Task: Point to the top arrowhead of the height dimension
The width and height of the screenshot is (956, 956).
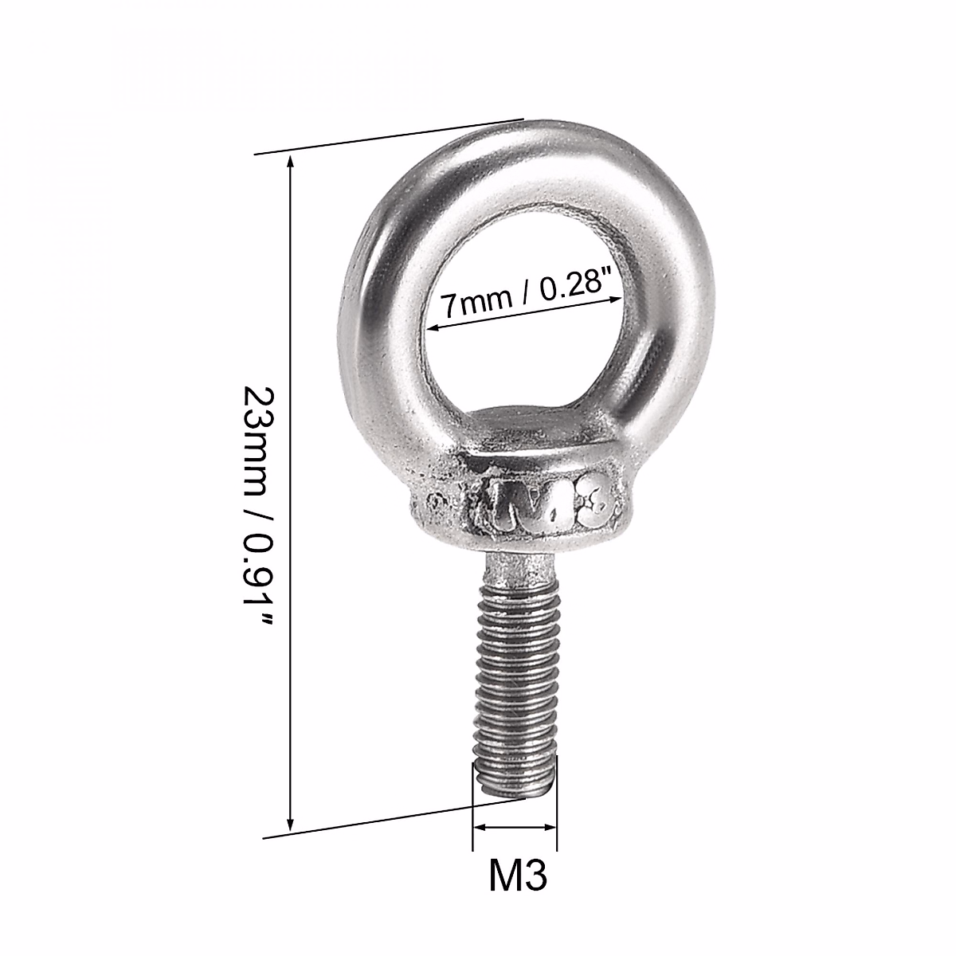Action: coord(291,163)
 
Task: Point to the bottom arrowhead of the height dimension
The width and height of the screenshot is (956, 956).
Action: coord(291,825)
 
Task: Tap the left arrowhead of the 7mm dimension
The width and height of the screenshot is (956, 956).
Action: coord(433,327)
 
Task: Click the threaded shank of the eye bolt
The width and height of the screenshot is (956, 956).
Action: coord(514,677)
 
